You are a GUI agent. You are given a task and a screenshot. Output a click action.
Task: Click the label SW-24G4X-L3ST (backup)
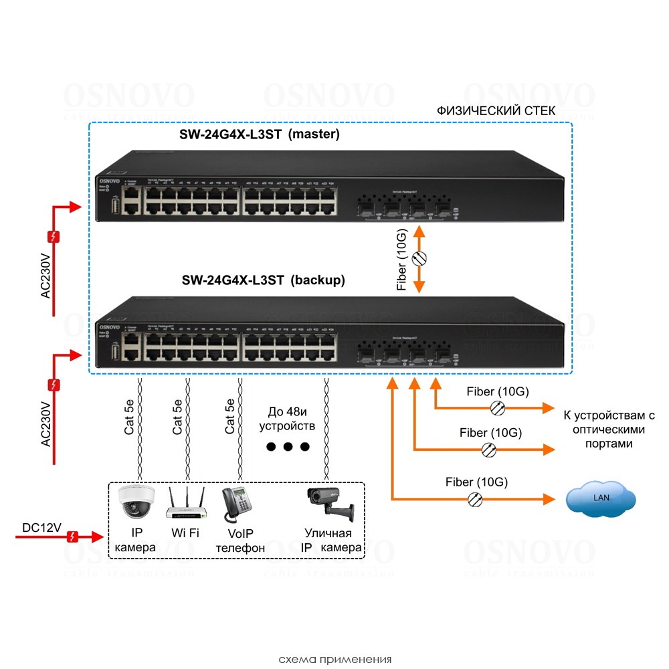(x=263, y=281)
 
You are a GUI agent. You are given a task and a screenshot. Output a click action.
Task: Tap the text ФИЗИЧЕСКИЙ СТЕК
(x=495, y=110)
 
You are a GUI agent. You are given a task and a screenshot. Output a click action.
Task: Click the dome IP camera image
(x=136, y=502)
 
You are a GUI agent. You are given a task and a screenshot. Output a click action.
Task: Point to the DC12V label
(x=41, y=528)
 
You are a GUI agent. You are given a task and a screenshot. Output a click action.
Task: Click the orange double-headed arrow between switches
(x=419, y=260)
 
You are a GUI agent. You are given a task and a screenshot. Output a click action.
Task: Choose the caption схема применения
(x=334, y=658)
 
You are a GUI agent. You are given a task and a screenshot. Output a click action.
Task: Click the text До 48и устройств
(x=286, y=418)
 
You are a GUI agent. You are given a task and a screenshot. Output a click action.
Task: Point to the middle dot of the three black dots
(x=288, y=446)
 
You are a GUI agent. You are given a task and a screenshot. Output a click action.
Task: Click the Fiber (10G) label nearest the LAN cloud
(x=476, y=482)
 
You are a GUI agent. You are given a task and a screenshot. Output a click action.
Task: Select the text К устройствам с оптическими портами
(x=605, y=429)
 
